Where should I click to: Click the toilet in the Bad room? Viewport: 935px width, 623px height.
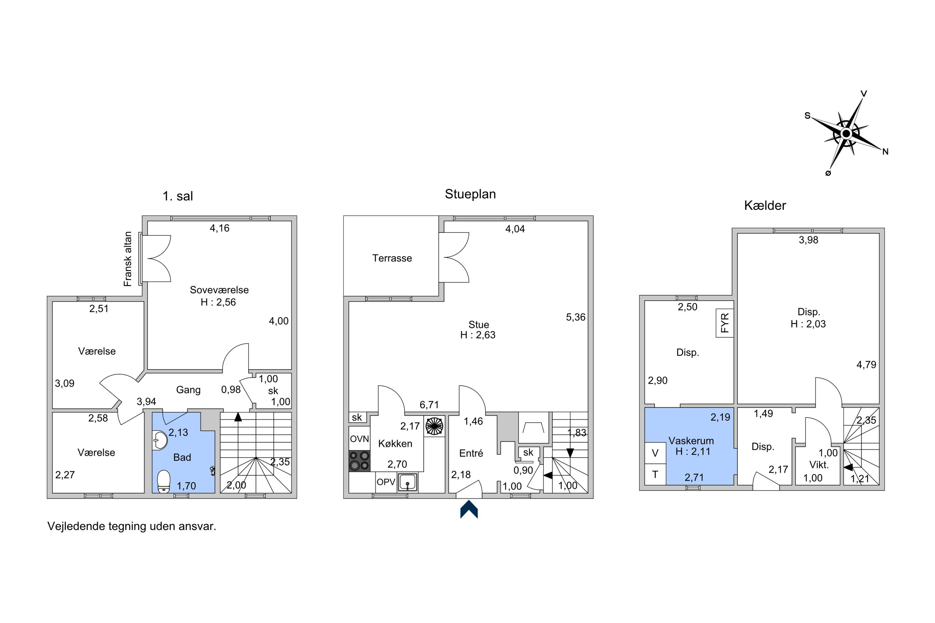coord(164,481)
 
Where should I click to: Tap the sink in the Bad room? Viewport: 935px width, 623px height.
coord(159,441)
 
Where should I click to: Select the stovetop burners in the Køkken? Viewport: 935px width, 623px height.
coord(359,461)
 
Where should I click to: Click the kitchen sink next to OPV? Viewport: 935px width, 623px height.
coord(407,482)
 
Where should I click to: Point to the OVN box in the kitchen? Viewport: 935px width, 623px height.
coord(359,439)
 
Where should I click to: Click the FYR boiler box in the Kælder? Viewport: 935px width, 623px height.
coord(725,323)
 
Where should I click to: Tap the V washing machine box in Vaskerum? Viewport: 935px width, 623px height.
coord(655,453)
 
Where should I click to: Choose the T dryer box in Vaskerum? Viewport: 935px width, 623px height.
coord(655,474)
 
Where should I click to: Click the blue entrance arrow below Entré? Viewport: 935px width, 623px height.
coord(469,509)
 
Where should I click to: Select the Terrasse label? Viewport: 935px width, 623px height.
coord(392,258)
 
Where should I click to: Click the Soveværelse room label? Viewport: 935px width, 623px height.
coord(219,290)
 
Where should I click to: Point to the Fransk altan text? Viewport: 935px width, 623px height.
coord(128,259)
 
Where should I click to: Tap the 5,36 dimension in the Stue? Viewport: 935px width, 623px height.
coord(576,317)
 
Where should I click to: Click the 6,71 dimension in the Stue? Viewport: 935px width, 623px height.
coord(429,405)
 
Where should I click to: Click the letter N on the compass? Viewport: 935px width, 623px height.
coord(885,151)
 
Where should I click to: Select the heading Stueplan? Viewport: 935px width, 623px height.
coord(470,194)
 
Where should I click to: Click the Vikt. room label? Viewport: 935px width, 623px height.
coord(819,465)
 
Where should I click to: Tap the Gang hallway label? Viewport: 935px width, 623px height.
coord(188,390)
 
